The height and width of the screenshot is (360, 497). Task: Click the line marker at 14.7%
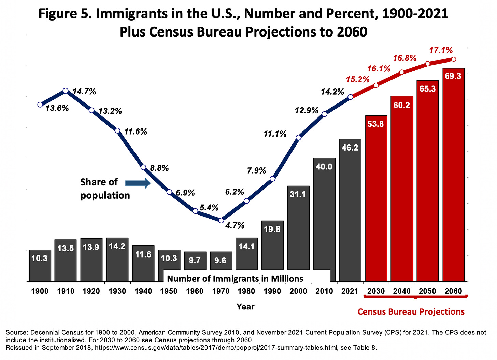point(66,91)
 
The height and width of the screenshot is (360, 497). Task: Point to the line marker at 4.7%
point(221,220)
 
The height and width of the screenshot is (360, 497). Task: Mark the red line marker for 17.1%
point(453,59)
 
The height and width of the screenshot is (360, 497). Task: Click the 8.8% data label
point(159,168)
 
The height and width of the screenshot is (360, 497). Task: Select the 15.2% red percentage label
point(358,80)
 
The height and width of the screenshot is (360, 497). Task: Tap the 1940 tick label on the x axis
point(143,291)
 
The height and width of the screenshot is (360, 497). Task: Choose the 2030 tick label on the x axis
point(376,291)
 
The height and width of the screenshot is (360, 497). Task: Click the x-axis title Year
point(245,306)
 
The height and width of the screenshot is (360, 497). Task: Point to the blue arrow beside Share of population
point(138,183)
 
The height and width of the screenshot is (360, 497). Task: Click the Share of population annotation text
point(105,189)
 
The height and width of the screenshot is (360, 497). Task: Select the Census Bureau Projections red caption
point(411,311)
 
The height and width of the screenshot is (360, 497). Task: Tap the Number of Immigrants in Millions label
point(235,279)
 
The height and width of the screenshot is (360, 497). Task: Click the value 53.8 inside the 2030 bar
point(375,124)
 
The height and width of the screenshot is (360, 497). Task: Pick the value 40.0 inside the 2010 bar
point(324,167)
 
